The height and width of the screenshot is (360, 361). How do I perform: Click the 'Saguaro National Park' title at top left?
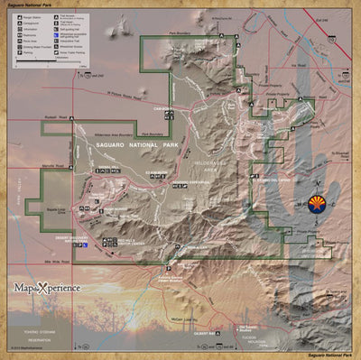coord(26,5)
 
